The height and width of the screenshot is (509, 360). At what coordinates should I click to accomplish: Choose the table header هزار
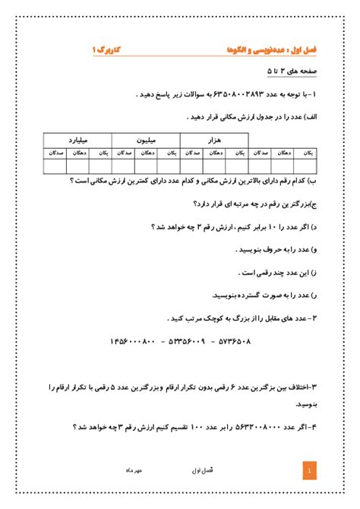214,140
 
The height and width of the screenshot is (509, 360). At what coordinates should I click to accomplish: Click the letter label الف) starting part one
312,118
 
